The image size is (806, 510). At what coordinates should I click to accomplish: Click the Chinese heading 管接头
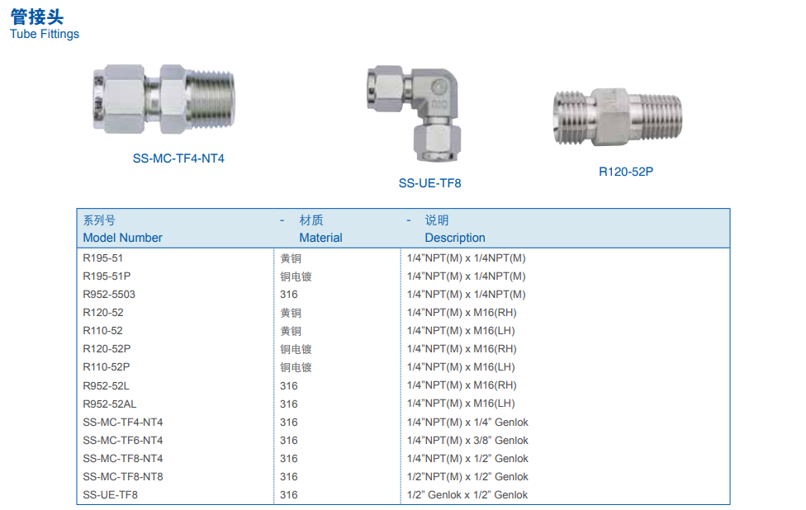[37, 17]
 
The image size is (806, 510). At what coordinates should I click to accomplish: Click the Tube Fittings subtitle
[45, 34]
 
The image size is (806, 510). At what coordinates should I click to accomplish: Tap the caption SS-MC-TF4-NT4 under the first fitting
[178, 158]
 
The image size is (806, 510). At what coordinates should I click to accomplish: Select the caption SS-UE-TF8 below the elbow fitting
[429, 183]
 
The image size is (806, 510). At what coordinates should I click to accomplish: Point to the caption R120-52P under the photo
[626, 172]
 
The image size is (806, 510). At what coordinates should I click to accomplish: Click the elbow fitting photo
[413, 113]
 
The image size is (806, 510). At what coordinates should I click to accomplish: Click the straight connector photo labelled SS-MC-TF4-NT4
[164, 99]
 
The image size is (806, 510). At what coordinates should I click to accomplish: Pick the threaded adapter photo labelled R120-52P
[618, 116]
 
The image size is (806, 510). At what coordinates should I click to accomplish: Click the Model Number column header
[122, 238]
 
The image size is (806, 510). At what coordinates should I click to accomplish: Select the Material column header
[320, 238]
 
